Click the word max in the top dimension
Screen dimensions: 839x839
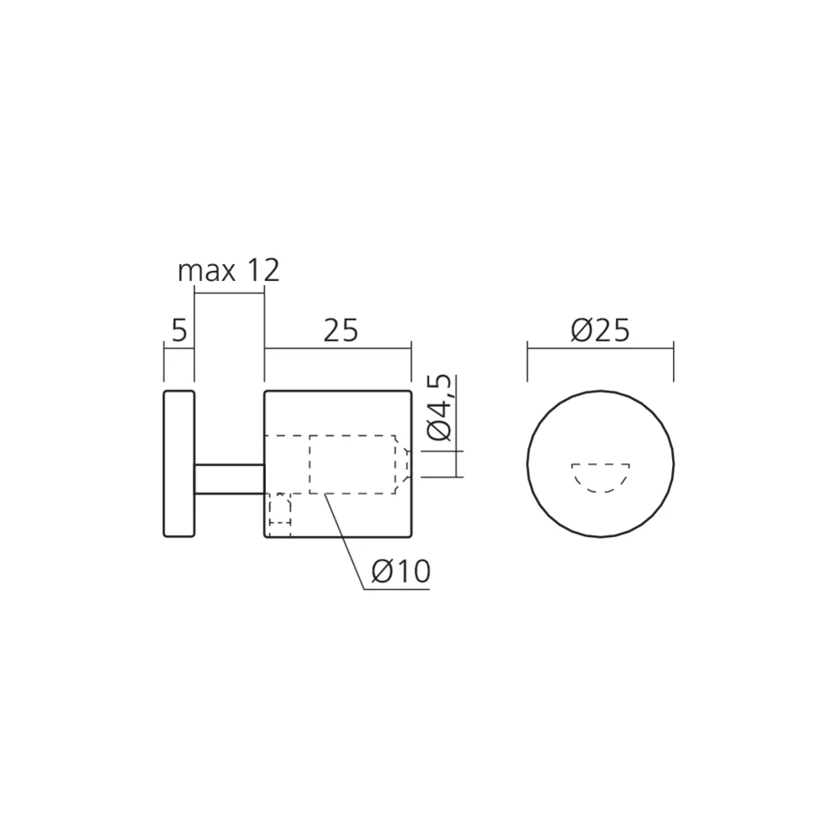[x=204, y=272]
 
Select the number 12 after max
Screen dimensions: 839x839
[x=263, y=272]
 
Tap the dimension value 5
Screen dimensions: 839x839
[x=178, y=331]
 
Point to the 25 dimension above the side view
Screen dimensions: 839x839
[x=340, y=331]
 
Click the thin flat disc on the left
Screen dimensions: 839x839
[x=178, y=463]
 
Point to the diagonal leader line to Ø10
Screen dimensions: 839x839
[x=346, y=537]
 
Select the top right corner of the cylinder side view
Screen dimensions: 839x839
[x=409, y=391]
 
